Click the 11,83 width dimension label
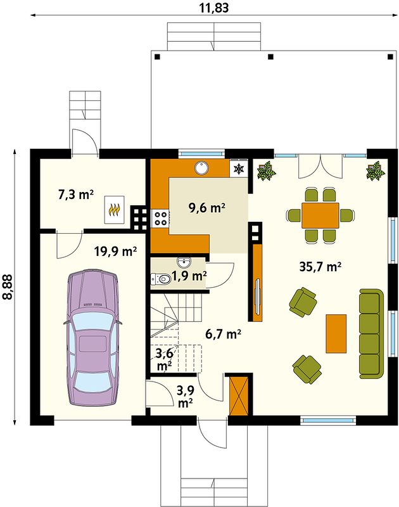click(213, 7)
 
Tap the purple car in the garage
click(92, 337)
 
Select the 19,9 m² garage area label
click(115, 251)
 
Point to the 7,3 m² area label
click(76, 195)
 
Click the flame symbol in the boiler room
click(115, 210)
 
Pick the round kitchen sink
click(201, 168)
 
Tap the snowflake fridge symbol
click(239, 169)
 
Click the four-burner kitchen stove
click(160, 217)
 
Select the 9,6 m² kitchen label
click(206, 208)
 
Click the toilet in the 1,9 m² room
click(161, 279)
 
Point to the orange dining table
click(320, 215)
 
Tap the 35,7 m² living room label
click(320, 267)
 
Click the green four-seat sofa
click(371, 333)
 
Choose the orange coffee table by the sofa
click(336, 333)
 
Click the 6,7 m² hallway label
click(223, 334)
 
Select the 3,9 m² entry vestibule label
click(186, 397)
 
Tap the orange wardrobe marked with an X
click(239, 395)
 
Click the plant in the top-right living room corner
click(376, 170)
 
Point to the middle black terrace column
click(270, 57)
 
